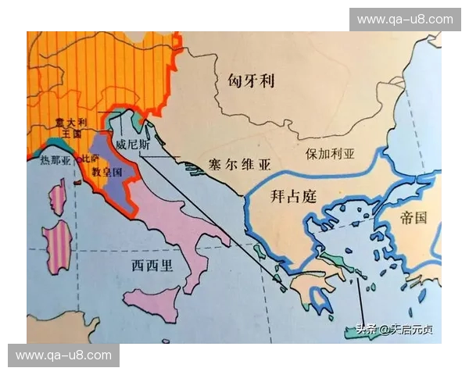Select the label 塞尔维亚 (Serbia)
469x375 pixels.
tap(238, 164)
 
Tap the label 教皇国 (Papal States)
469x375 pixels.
tap(107, 170)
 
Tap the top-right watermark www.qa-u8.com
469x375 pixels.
tap(405, 19)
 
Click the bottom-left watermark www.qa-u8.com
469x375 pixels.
tap(63, 355)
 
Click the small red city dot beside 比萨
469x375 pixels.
tap(78, 181)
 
